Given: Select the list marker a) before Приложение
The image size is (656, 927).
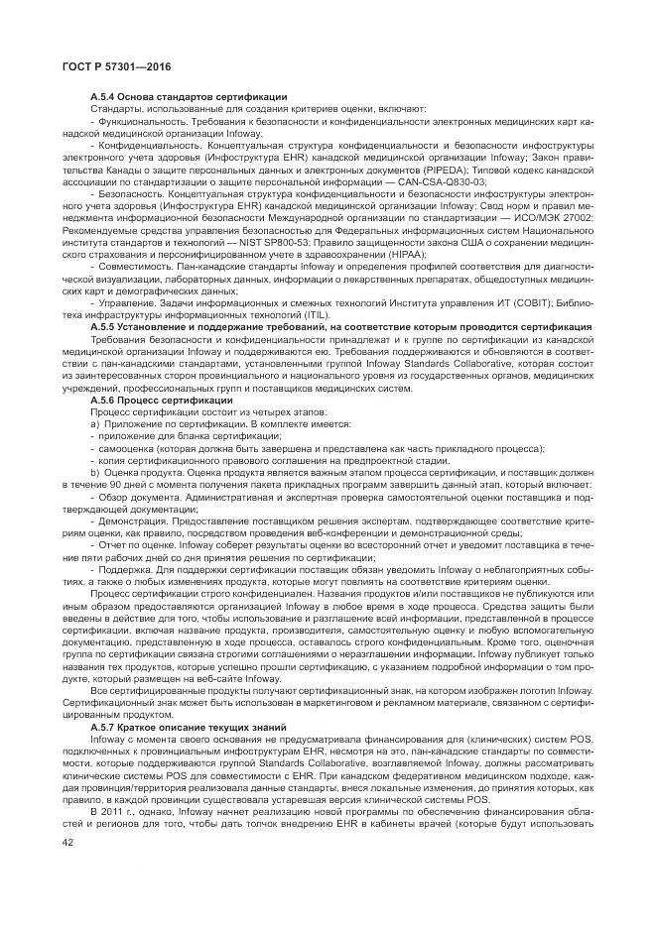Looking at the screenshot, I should coord(95,424).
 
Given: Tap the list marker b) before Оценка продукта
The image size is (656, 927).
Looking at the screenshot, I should coord(95,472).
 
